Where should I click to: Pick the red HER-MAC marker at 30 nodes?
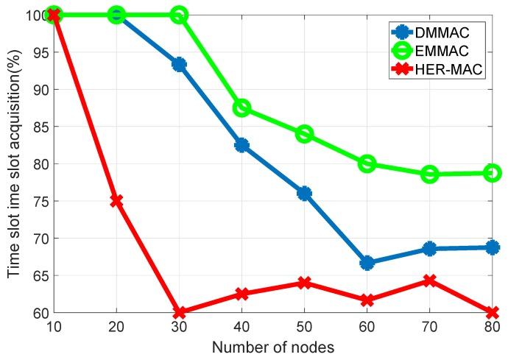179,312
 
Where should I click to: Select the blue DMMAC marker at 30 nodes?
179,64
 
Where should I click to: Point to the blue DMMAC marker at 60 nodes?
367,263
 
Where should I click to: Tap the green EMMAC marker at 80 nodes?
492,173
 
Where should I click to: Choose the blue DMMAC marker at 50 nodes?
304,193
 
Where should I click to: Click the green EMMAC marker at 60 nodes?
367,163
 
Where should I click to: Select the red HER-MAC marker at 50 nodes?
304,283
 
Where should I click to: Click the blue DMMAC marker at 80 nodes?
492,247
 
